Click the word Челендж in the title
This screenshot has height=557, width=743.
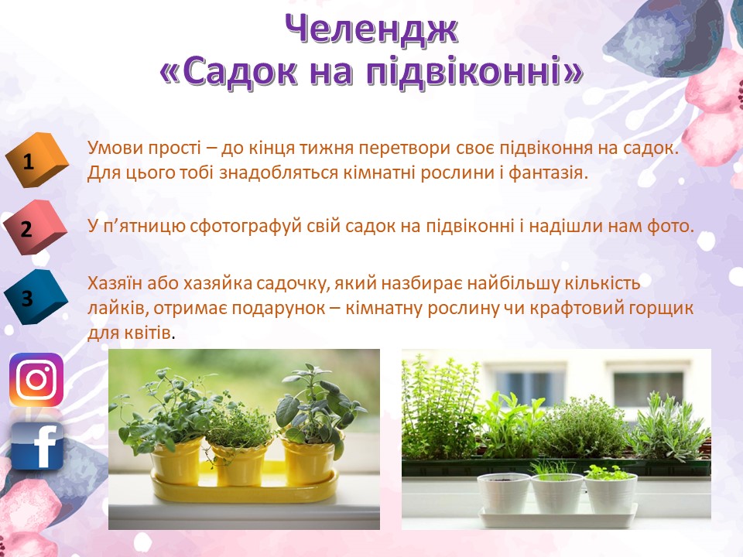[x=371, y=29]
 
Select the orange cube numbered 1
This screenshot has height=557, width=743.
[x=37, y=159]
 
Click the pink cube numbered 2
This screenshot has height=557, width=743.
[x=36, y=227]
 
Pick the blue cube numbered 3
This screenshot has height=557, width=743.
[x=36, y=297]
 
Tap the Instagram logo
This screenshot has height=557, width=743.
[x=36, y=379]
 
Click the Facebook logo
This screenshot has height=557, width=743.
[x=37, y=446]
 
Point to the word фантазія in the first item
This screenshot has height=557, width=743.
[x=548, y=173]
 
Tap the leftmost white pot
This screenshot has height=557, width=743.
[x=503, y=493]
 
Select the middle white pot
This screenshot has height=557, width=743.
[x=556, y=494]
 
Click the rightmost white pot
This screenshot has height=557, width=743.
[x=611, y=493]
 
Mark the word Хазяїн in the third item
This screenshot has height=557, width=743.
[x=115, y=283]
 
